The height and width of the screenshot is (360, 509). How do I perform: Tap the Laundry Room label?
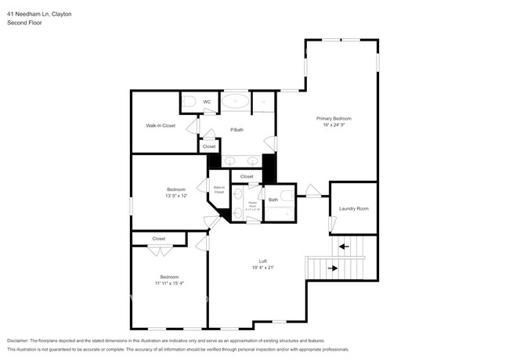pyautogui.click(x=353, y=209)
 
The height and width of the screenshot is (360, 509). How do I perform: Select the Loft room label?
pyautogui.click(x=263, y=261)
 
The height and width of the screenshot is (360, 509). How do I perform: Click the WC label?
pyautogui.click(x=207, y=102)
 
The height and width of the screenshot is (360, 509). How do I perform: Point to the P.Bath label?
pyautogui.click(x=234, y=130)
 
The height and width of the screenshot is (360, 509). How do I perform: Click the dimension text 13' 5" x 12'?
pyautogui.click(x=176, y=196)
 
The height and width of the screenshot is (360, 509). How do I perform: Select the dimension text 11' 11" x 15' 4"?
pyautogui.click(x=170, y=283)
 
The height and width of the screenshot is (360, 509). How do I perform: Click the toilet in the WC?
pyautogui.click(x=190, y=100)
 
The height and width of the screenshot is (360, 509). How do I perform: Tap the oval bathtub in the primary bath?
pyautogui.click(x=235, y=100)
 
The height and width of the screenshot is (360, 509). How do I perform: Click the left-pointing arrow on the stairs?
pyautogui.click(x=342, y=248)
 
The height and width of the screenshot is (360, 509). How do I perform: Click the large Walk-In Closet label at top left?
pyautogui.click(x=161, y=125)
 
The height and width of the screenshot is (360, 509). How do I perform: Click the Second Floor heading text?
pyautogui.click(x=24, y=23)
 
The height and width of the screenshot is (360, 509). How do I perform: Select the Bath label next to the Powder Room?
pyautogui.click(x=273, y=200)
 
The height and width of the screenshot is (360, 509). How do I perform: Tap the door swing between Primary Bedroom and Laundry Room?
pyautogui.click(x=314, y=191)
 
